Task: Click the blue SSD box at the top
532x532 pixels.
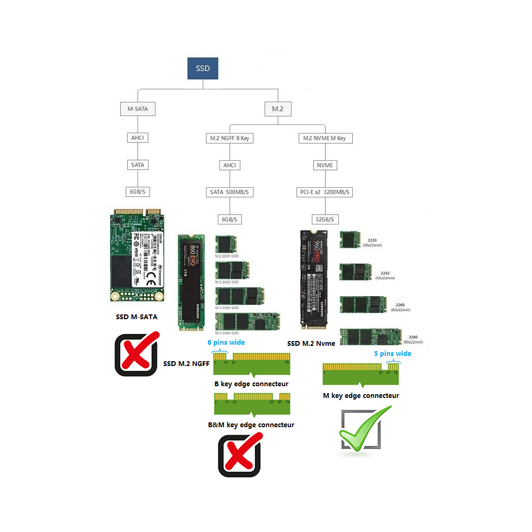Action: tap(203, 69)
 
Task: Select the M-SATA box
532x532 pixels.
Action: tap(137, 110)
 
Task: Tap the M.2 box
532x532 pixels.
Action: tap(278, 109)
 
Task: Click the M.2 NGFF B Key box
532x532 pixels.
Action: tap(229, 138)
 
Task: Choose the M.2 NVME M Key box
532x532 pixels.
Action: tap(324, 138)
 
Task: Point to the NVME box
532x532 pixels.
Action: tap(324, 165)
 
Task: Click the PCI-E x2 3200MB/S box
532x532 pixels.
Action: tap(324, 192)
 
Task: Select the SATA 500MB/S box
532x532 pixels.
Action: tap(229, 192)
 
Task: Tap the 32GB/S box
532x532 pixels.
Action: tap(324, 219)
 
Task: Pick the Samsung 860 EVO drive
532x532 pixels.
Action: tap(191, 282)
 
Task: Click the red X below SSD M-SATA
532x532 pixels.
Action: tap(137, 353)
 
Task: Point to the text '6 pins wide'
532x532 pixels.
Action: tap(226, 343)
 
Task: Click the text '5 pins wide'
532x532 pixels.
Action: tap(393, 353)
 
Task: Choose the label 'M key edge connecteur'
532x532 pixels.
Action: tap(361, 395)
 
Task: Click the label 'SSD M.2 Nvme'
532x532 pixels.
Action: tap(311, 343)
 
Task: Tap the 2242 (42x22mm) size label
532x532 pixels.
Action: tap(385, 275)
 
